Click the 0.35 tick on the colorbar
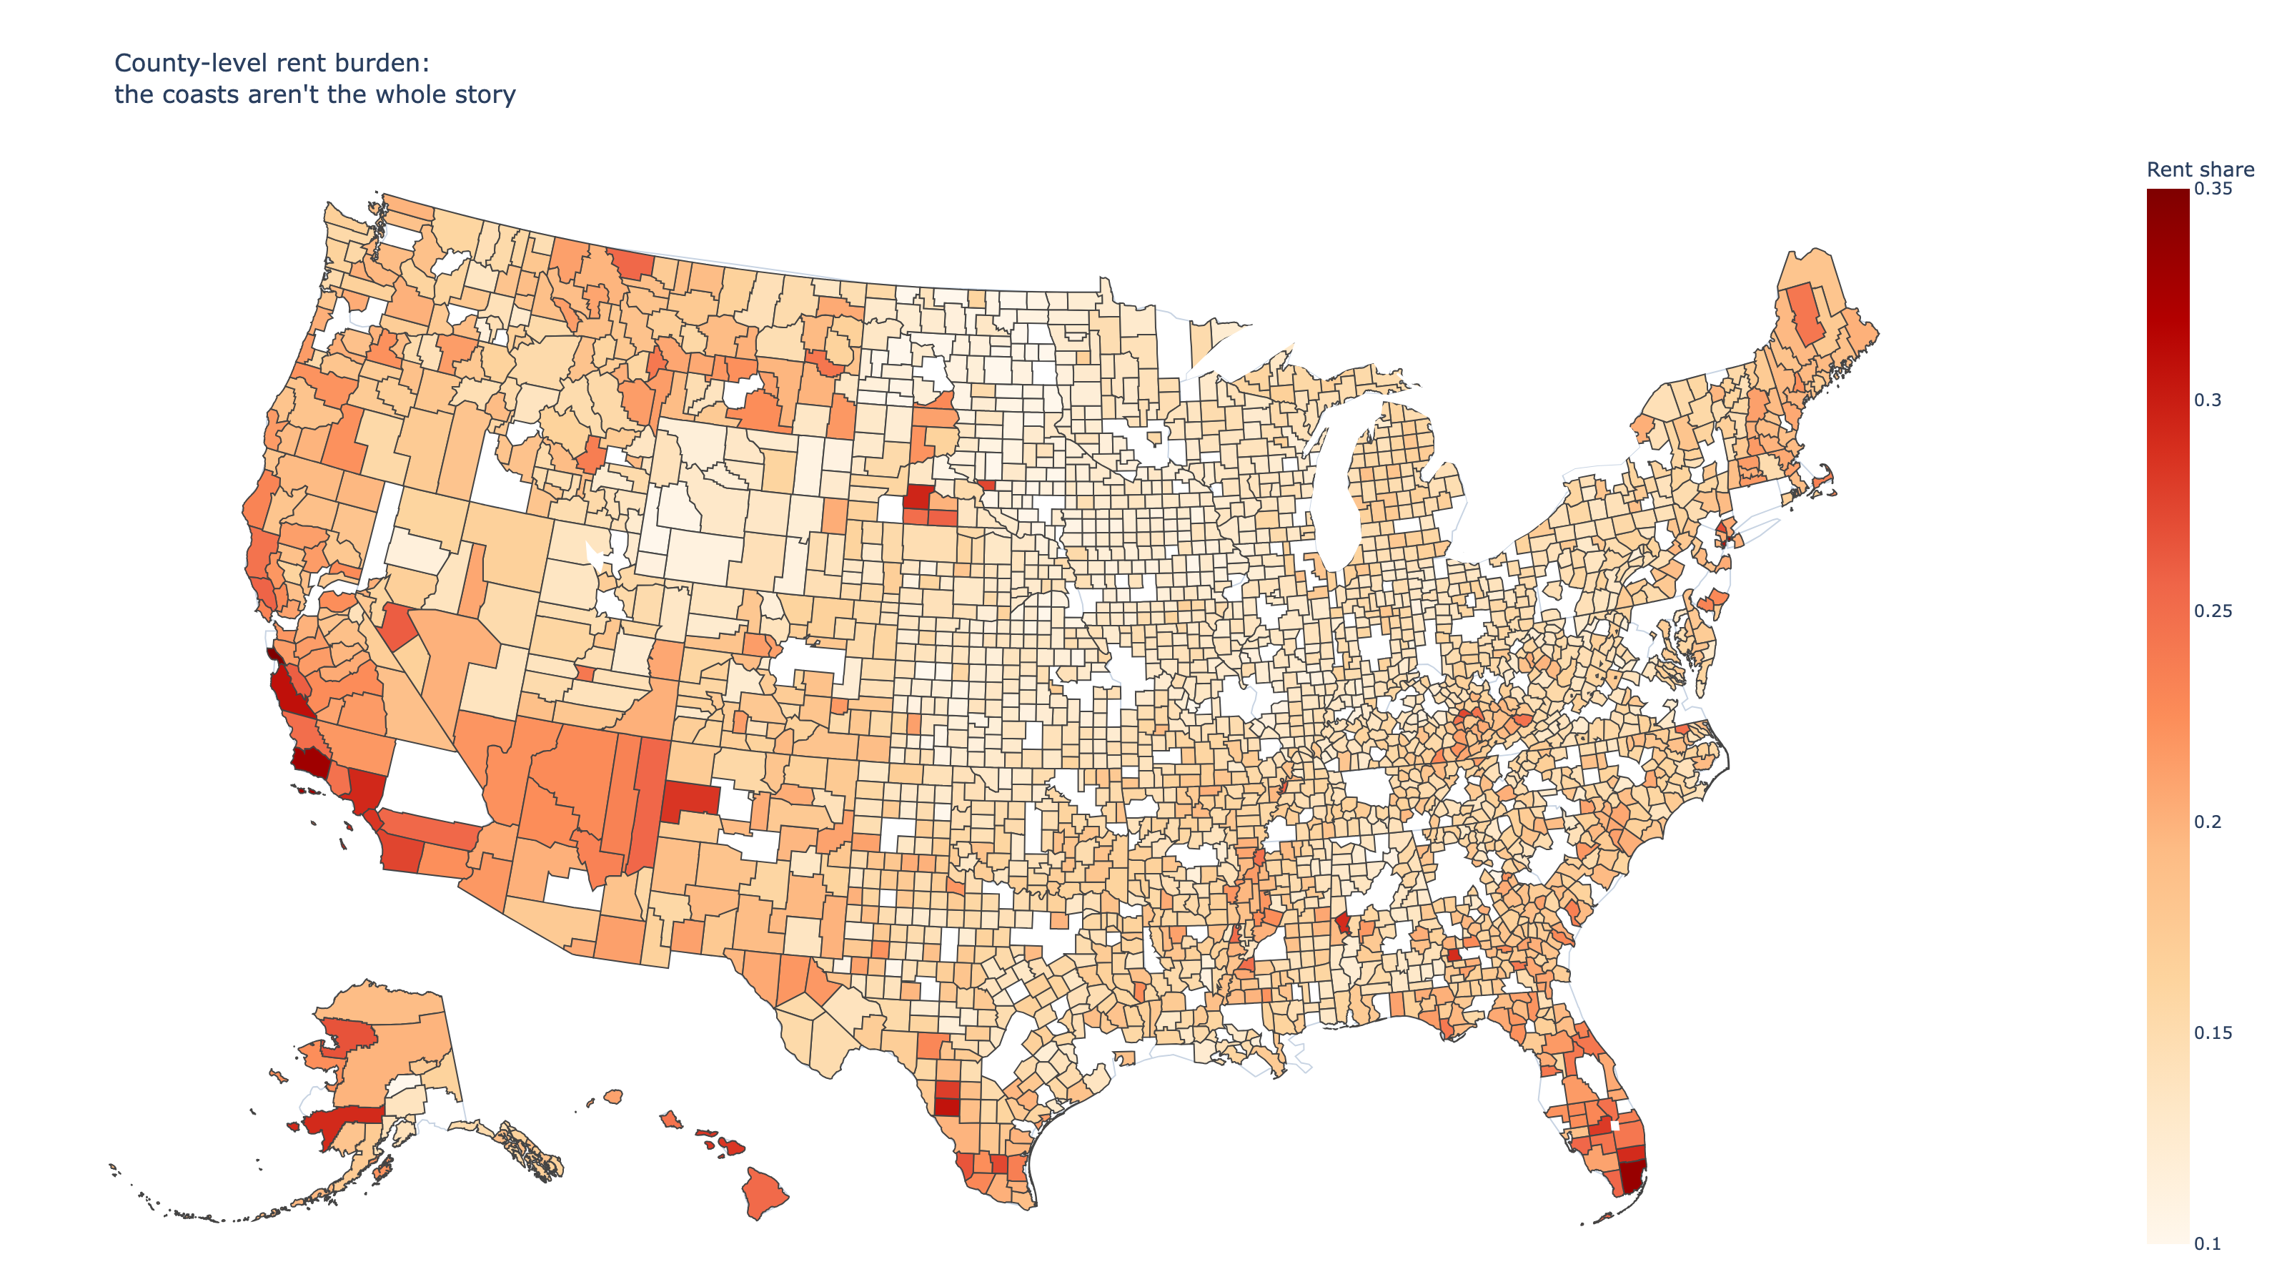2213,188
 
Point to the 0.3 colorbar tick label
2207,400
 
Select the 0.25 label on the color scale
2213,610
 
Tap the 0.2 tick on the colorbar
2207,822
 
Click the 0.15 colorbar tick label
2213,1032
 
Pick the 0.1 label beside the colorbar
2207,1243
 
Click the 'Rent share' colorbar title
2199,169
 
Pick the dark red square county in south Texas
947,1107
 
